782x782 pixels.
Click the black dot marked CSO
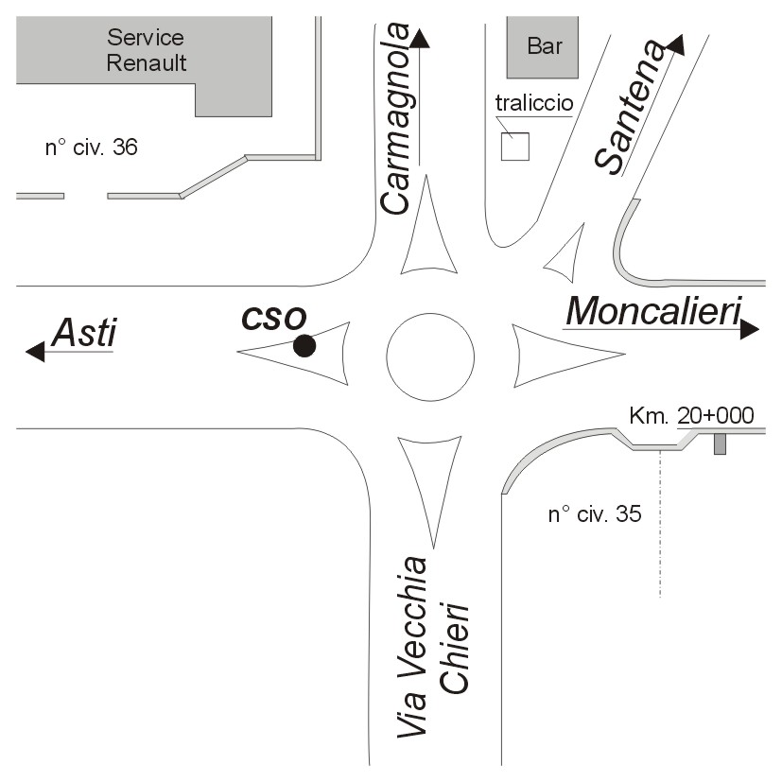tap(304, 346)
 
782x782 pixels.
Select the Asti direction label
tap(85, 333)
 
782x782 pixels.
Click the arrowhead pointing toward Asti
tap(35, 352)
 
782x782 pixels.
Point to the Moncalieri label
tap(653, 311)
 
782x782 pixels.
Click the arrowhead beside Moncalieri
tap(750, 329)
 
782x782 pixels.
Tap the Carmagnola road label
tap(396, 119)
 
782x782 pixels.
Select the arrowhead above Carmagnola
tap(420, 39)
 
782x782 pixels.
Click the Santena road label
tap(631, 107)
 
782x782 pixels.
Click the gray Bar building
tap(543, 47)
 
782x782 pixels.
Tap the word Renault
tap(147, 62)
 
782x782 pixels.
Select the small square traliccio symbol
tap(515, 147)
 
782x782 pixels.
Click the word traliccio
tap(534, 103)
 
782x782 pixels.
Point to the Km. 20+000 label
tap(691, 415)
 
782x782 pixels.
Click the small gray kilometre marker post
tap(720, 443)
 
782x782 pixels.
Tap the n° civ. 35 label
tap(595, 514)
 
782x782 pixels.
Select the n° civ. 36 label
tap(92, 148)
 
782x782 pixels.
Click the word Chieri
tap(454, 649)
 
